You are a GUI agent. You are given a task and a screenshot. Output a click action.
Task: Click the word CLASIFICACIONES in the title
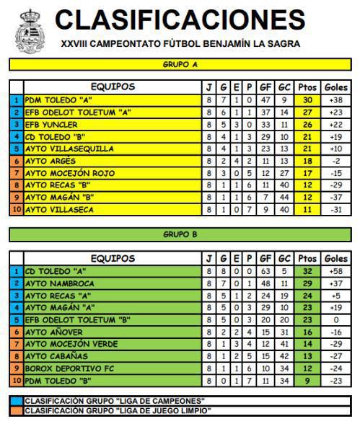[180, 19]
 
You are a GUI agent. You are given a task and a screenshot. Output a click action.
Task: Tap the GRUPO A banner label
[180, 64]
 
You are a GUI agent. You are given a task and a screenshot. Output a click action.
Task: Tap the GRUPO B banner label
[180, 234]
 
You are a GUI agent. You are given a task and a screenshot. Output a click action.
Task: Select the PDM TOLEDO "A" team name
[54, 100]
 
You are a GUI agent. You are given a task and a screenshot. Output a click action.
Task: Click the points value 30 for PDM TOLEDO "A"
[307, 100]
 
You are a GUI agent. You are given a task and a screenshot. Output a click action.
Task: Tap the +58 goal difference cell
[335, 271]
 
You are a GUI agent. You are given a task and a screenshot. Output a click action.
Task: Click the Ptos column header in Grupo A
[307, 87]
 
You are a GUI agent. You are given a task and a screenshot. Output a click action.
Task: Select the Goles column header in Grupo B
[335, 258]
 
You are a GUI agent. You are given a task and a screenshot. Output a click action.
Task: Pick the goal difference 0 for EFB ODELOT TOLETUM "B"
[335, 320]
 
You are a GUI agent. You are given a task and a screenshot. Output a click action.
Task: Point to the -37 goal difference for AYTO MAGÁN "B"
[335, 197]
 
